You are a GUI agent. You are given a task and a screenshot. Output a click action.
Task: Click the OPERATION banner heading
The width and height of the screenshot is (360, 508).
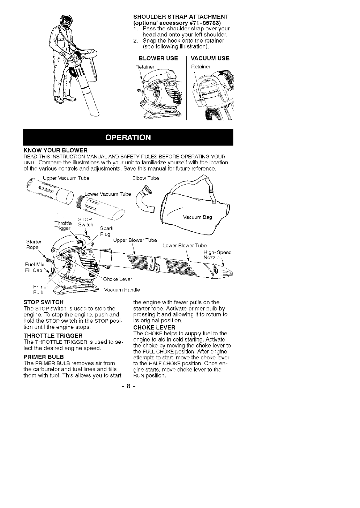[x=128, y=137]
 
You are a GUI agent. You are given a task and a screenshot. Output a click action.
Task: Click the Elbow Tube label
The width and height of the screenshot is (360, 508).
[x=145, y=178]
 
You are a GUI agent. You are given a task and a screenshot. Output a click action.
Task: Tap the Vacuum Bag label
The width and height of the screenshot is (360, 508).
[x=197, y=217]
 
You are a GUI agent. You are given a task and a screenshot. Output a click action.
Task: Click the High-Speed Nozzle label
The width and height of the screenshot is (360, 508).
[x=217, y=255]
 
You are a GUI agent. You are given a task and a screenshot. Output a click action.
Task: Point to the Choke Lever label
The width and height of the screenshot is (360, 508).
[x=118, y=279]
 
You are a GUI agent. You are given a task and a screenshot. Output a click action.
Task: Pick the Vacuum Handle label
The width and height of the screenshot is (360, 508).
[x=122, y=290]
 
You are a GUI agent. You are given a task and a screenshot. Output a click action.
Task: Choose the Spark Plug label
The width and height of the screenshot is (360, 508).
[x=106, y=231]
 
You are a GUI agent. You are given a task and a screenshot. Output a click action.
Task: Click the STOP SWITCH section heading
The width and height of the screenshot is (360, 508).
[x=43, y=302]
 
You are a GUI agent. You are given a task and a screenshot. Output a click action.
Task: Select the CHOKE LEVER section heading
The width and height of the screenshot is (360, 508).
[x=154, y=328]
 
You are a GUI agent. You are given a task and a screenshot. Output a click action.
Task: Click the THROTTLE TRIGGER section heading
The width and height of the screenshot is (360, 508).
[x=53, y=336]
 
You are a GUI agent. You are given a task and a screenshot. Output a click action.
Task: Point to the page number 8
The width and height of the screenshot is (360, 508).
[x=128, y=387]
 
